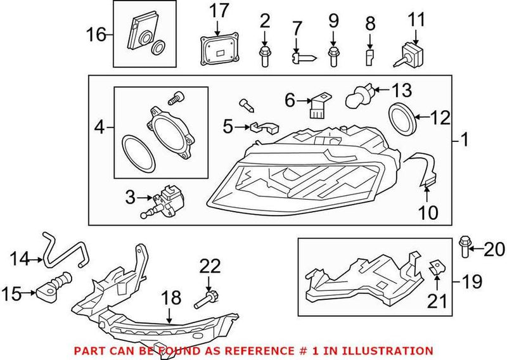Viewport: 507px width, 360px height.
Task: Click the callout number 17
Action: (219, 11)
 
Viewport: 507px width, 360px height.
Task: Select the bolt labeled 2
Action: (264, 56)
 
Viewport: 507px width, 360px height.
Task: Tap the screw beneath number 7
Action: (300, 58)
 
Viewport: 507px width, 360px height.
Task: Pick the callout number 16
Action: (97, 34)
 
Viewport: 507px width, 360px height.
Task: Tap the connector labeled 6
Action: (316, 105)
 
